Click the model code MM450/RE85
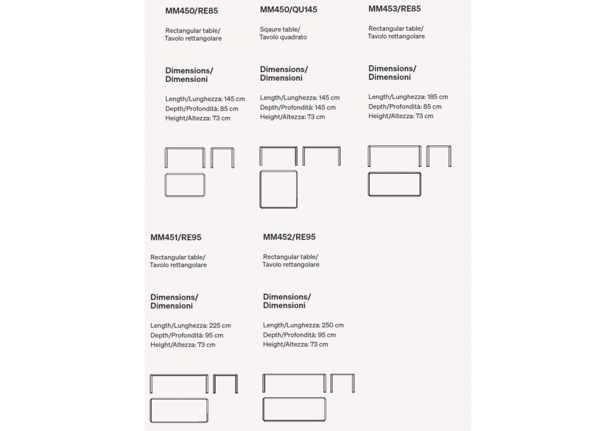pyautogui.click(x=192, y=10)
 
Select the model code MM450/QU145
pyautogui.click(x=288, y=9)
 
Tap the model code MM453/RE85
pyautogui.click(x=395, y=9)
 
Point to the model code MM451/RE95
pyautogui.click(x=176, y=237)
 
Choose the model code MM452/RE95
pyautogui.click(x=289, y=236)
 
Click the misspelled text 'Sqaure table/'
pyautogui.click(x=280, y=29)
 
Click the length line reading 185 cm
pyautogui.click(x=408, y=97)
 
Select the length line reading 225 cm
pyautogui.click(x=190, y=325)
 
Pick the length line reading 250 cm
pyautogui.click(x=303, y=325)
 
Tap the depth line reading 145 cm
pyautogui.click(x=299, y=107)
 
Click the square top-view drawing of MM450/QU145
pyautogui.click(x=278, y=189)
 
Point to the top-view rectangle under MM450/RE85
pyautogui.click(x=185, y=185)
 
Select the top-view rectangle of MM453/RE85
pyautogui.click(x=394, y=184)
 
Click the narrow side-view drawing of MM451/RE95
pyautogui.click(x=225, y=384)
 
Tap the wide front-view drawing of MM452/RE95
pyautogui.click(x=294, y=383)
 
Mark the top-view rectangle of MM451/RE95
pyautogui.click(x=179, y=409)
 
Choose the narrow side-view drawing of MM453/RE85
pyautogui.click(x=438, y=156)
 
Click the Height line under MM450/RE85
pyautogui.click(x=197, y=118)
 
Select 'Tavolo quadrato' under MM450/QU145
pyautogui.click(x=283, y=38)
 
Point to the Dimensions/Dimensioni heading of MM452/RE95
pyautogui.click(x=286, y=301)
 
